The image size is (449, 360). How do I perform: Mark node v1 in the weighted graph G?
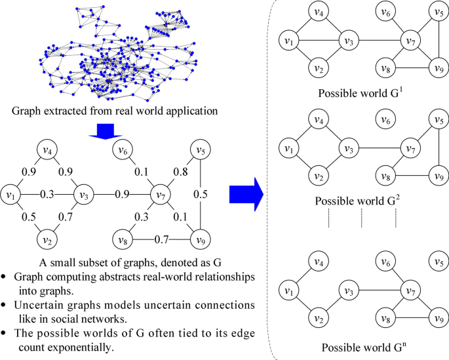click(11, 195)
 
